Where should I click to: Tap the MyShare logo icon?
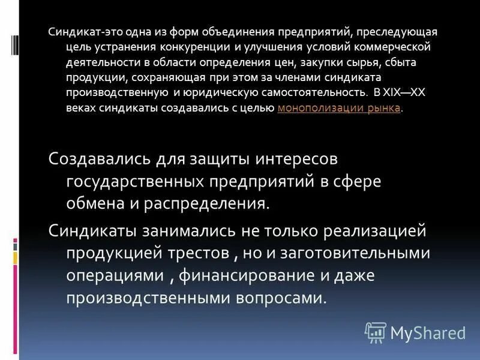(375, 331)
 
